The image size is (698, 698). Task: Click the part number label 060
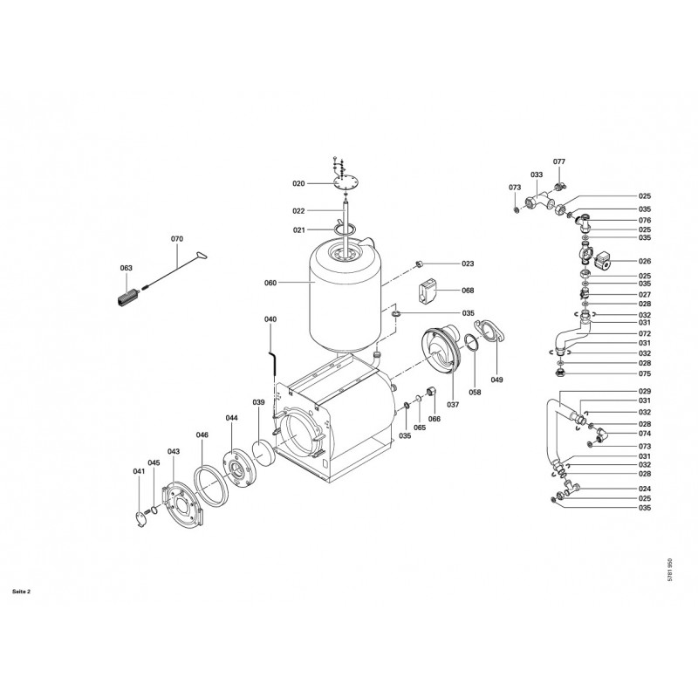tap(270, 283)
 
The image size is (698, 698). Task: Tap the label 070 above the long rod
tap(177, 239)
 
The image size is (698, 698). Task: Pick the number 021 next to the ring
tap(298, 230)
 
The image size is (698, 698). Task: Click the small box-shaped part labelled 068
tap(427, 291)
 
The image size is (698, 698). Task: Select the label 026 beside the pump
tap(645, 261)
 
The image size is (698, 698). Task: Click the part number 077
tap(559, 161)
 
